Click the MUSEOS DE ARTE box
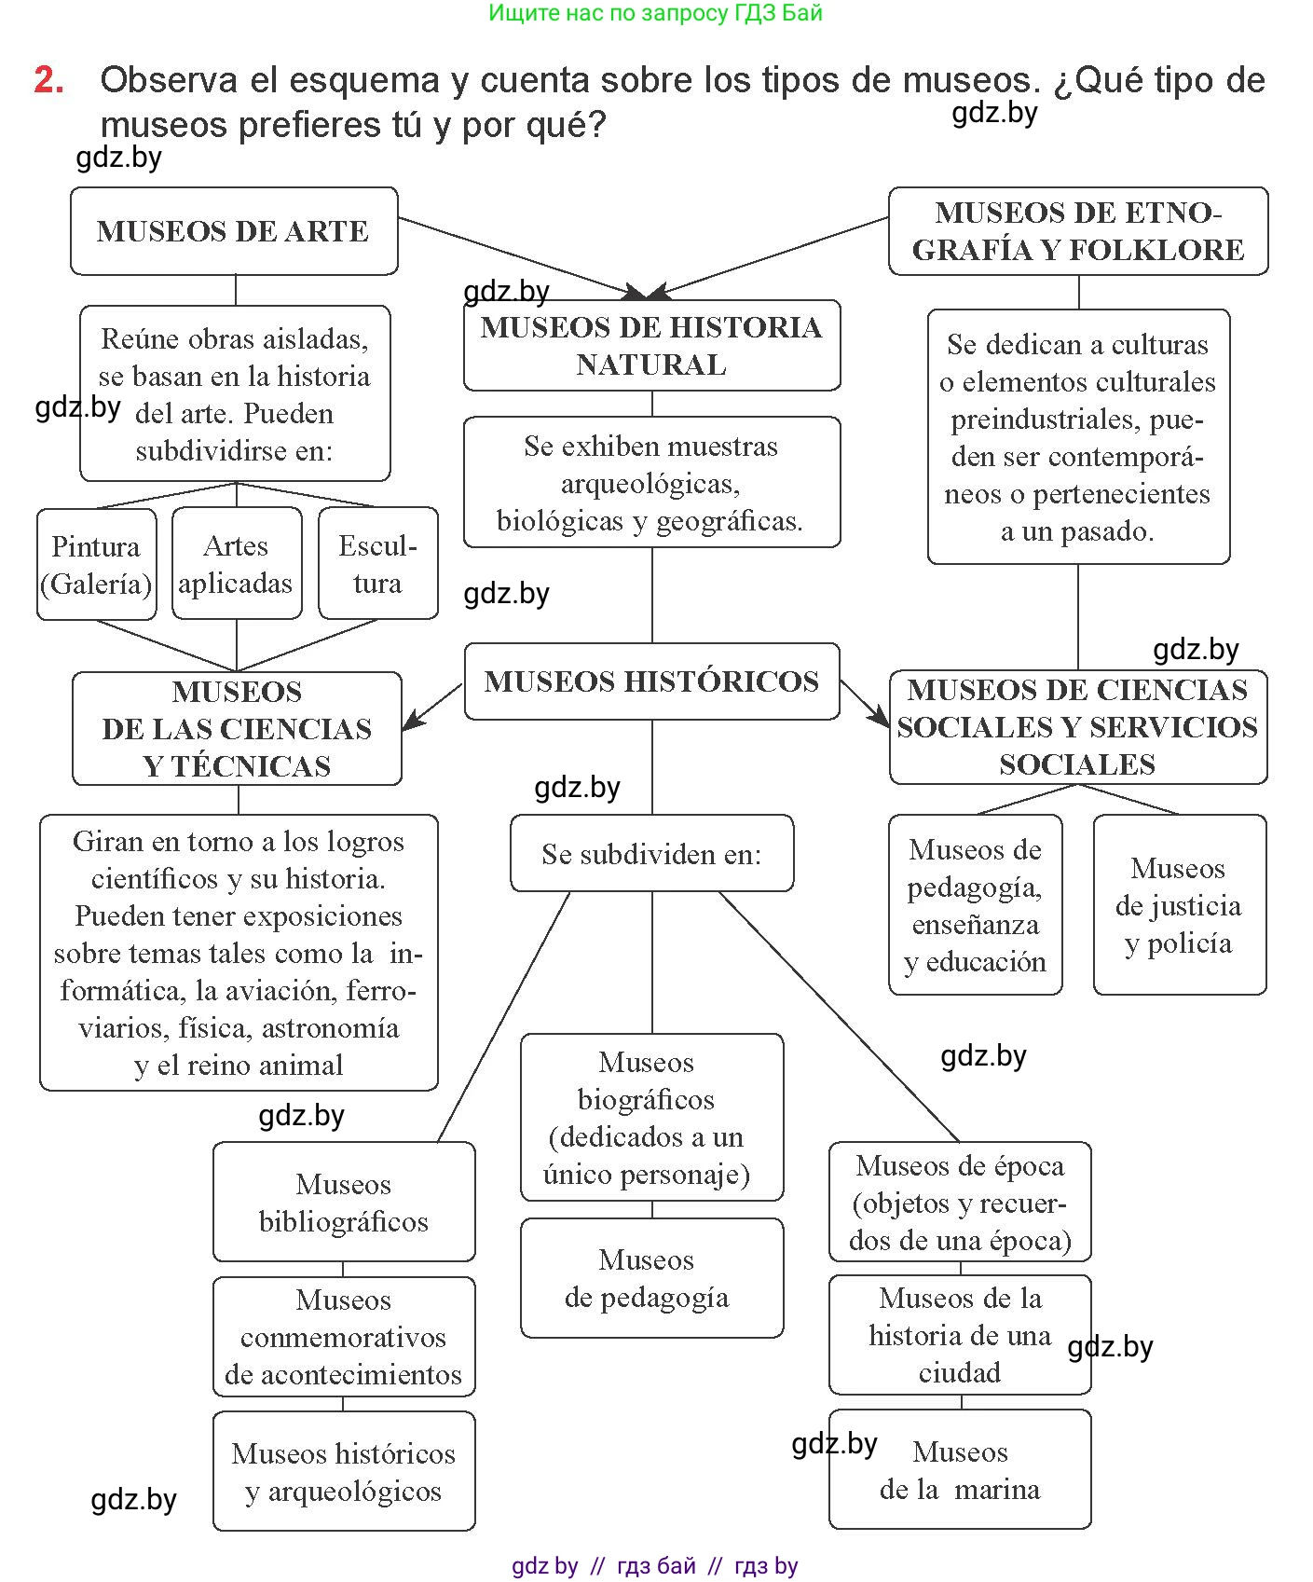(x=234, y=231)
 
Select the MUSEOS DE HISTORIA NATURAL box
(x=651, y=346)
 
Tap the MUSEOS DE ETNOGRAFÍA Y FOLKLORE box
(x=1078, y=231)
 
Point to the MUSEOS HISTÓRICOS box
(x=651, y=681)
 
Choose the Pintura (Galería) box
(x=96, y=564)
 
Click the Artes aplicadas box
(x=237, y=564)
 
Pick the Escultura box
(x=377, y=564)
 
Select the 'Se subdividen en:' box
(x=651, y=854)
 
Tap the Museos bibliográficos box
(x=344, y=1203)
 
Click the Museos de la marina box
(x=960, y=1470)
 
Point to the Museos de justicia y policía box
(x=1179, y=905)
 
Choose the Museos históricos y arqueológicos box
(x=344, y=1472)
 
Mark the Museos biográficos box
(x=651, y=1118)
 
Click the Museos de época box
(x=960, y=1203)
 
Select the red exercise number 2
(x=48, y=80)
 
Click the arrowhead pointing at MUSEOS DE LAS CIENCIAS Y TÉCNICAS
(x=410, y=724)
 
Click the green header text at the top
(x=655, y=13)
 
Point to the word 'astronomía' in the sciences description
(x=330, y=1028)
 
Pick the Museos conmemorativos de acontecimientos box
(x=344, y=1337)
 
